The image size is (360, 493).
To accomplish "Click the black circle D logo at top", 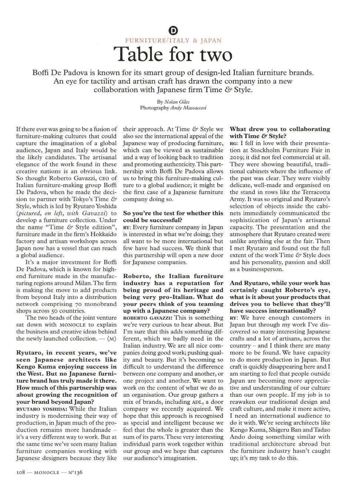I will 173,31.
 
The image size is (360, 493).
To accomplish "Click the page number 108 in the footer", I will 20,472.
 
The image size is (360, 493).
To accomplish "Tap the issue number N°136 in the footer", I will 75,472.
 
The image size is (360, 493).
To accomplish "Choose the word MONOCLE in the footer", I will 47,473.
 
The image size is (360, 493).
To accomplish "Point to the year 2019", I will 237,157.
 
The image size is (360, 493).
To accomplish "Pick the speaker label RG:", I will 234,143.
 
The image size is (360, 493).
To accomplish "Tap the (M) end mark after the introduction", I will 111,339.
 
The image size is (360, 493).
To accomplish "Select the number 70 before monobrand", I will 78,304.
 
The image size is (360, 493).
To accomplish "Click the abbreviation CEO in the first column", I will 104,179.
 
